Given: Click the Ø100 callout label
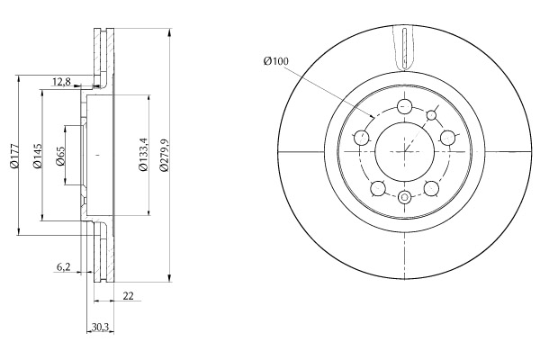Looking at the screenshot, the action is (276, 61).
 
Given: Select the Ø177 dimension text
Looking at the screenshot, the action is (14, 156).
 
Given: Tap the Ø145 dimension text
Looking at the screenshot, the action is (38, 156).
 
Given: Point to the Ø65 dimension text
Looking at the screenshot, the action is (60, 156).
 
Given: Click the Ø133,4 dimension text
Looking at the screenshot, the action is (143, 154).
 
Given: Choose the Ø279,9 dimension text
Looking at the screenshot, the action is (164, 155).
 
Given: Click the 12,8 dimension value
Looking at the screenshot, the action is (61, 82).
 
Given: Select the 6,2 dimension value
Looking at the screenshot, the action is (63, 267).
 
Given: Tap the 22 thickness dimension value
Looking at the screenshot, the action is (128, 295).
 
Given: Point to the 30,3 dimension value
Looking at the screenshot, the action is (100, 327).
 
